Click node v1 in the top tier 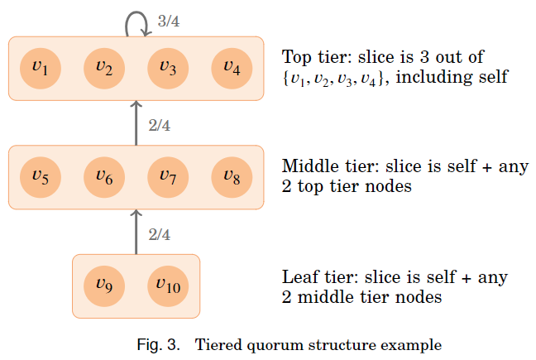tap(40, 69)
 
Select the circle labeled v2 tap(104, 69)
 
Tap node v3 tap(168, 69)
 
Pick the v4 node tap(232, 69)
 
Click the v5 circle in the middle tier tap(40, 177)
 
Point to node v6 tap(104, 177)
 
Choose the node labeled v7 tap(168, 177)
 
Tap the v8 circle tap(232, 177)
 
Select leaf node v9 tap(104, 286)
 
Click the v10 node tap(168, 286)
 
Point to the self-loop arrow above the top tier tap(136, 22)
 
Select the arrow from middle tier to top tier tap(136, 123)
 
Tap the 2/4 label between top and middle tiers tap(159, 126)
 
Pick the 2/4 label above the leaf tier tap(159, 234)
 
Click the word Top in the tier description tap(296, 57)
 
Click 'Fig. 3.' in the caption tap(159, 344)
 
